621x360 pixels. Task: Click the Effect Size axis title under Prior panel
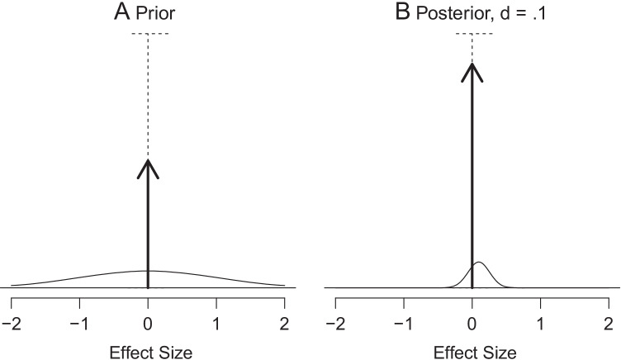pos(148,353)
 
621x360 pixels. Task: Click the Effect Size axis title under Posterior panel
pos(472,353)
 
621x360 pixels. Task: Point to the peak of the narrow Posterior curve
pos(479,263)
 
